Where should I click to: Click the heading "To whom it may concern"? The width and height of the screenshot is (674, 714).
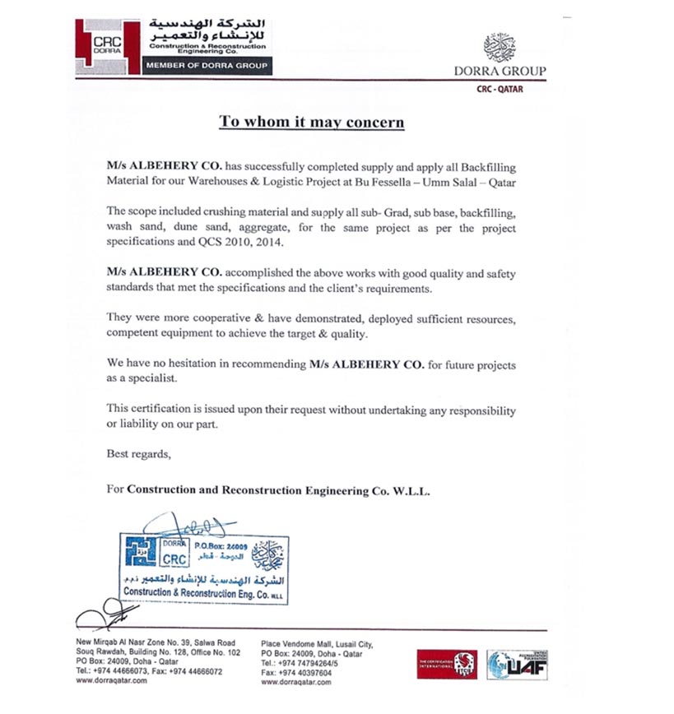pyautogui.click(x=311, y=123)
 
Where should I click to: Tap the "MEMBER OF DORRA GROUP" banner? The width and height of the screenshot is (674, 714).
pyautogui.click(x=207, y=66)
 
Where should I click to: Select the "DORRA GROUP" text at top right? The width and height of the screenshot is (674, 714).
pyautogui.click(x=500, y=71)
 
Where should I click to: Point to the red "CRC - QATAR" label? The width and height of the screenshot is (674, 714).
pyautogui.click(x=500, y=89)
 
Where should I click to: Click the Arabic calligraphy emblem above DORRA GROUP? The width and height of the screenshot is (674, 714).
pyautogui.click(x=500, y=47)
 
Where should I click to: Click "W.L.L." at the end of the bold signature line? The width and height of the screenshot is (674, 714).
pyautogui.click(x=410, y=489)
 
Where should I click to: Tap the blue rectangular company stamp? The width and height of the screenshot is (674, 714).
pyautogui.click(x=203, y=568)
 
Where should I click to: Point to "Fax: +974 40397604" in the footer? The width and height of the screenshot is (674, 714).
pyautogui.click(x=297, y=672)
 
